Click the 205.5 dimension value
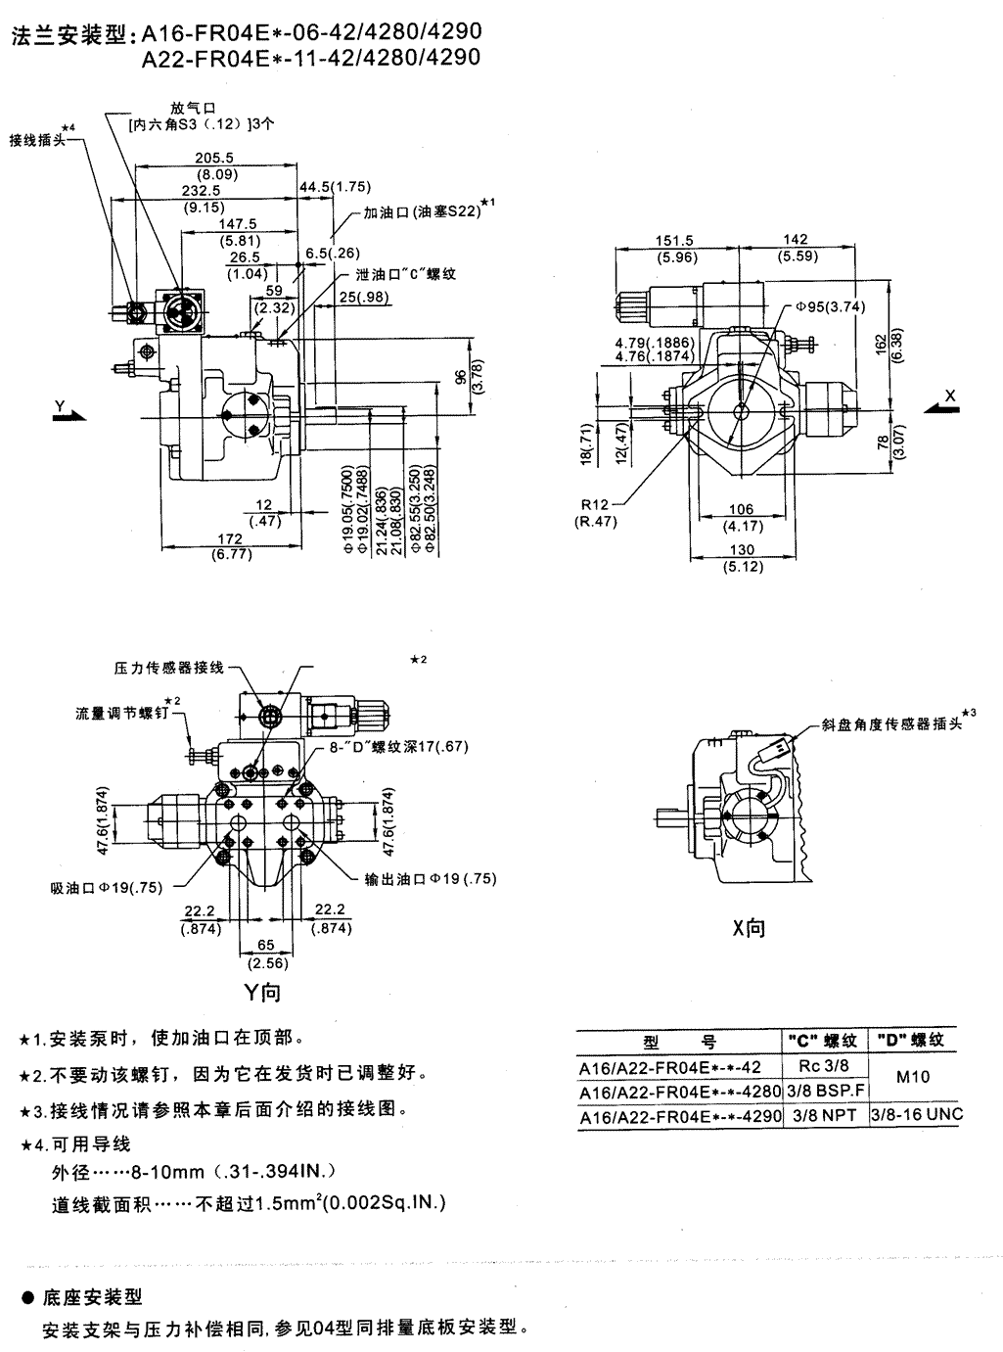click(x=214, y=158)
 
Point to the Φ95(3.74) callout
click(x=831, y=306)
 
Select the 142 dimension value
click(x=797, y=240)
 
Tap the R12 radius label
click(x=595, y=505)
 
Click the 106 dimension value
click(x=743, y=509)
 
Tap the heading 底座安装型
click(x=93, y=1297)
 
